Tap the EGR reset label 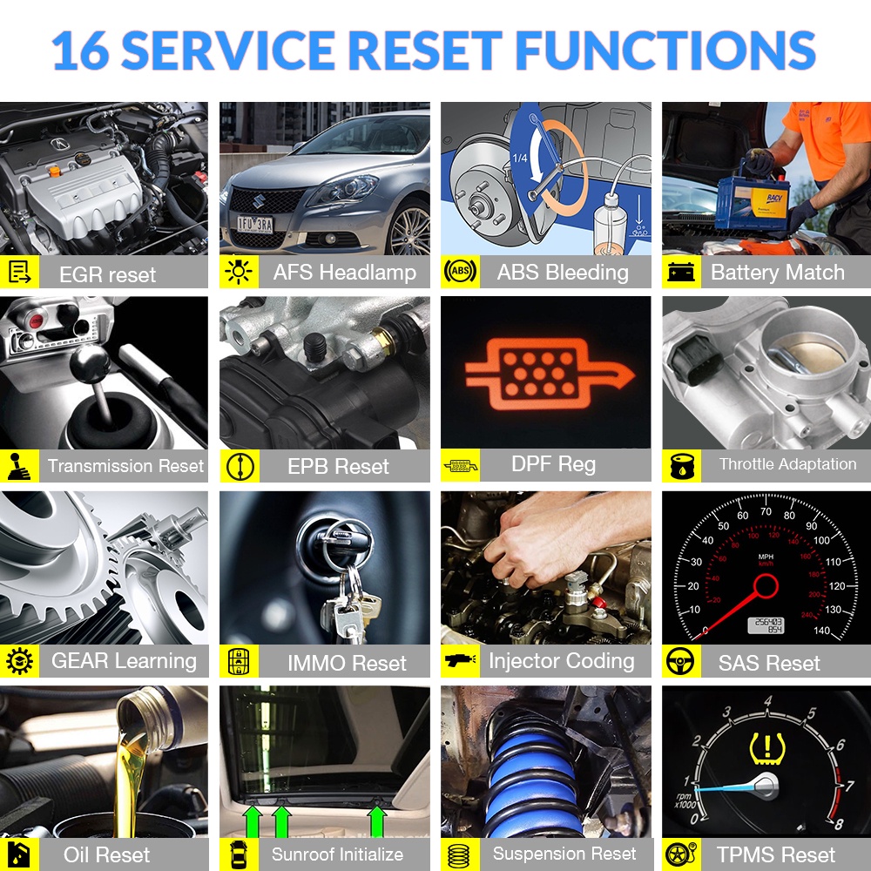[107, 274]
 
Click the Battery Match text [778, 272]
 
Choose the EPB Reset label [338, 466]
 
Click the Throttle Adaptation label [787, 464]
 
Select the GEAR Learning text [124, 661]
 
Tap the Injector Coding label [561, 661]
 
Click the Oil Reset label [106, 855]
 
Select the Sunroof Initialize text [337, 854]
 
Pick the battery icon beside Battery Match [679, 273]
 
